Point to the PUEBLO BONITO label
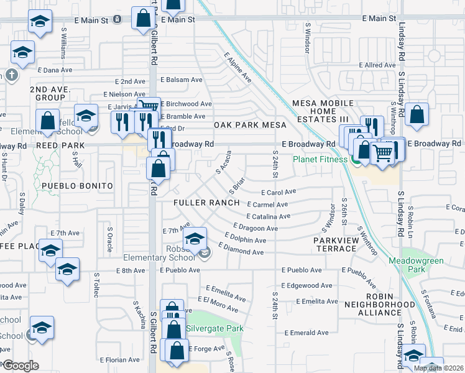77,186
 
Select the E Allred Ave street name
377,65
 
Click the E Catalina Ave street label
268,216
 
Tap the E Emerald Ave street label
307,333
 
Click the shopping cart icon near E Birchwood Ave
149,106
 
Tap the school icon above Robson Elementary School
195,239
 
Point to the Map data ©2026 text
439,368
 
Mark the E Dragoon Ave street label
256,228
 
